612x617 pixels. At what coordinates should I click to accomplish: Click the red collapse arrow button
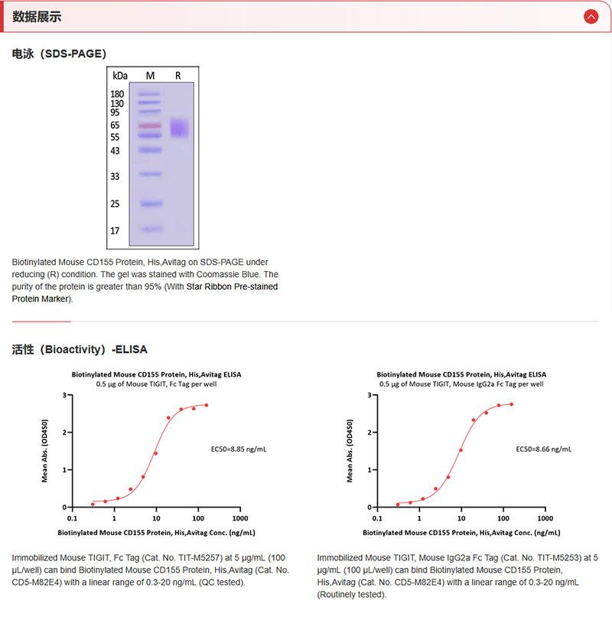pos(590,17)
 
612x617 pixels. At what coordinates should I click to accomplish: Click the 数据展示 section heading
pos(37,17)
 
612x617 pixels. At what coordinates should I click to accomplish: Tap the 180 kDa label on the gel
pos(117,94)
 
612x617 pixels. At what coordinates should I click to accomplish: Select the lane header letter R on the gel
pos(178,76)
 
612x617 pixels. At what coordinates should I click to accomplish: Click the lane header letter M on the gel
pos(150,76)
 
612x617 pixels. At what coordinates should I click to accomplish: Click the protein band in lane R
pos(178,128)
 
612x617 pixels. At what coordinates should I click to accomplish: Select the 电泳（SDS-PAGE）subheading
pos(59,54)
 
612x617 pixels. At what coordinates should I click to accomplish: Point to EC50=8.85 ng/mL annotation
pos(238,449)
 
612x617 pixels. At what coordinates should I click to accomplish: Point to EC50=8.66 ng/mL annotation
pos(544,449)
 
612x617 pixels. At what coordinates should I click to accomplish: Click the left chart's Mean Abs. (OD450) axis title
pos(44,451)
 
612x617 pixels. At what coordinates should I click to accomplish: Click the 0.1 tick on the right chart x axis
pos(377,516)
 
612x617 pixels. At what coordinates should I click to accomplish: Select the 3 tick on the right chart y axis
pos(369,396)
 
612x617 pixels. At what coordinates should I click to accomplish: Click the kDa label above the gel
pos(119,76)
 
